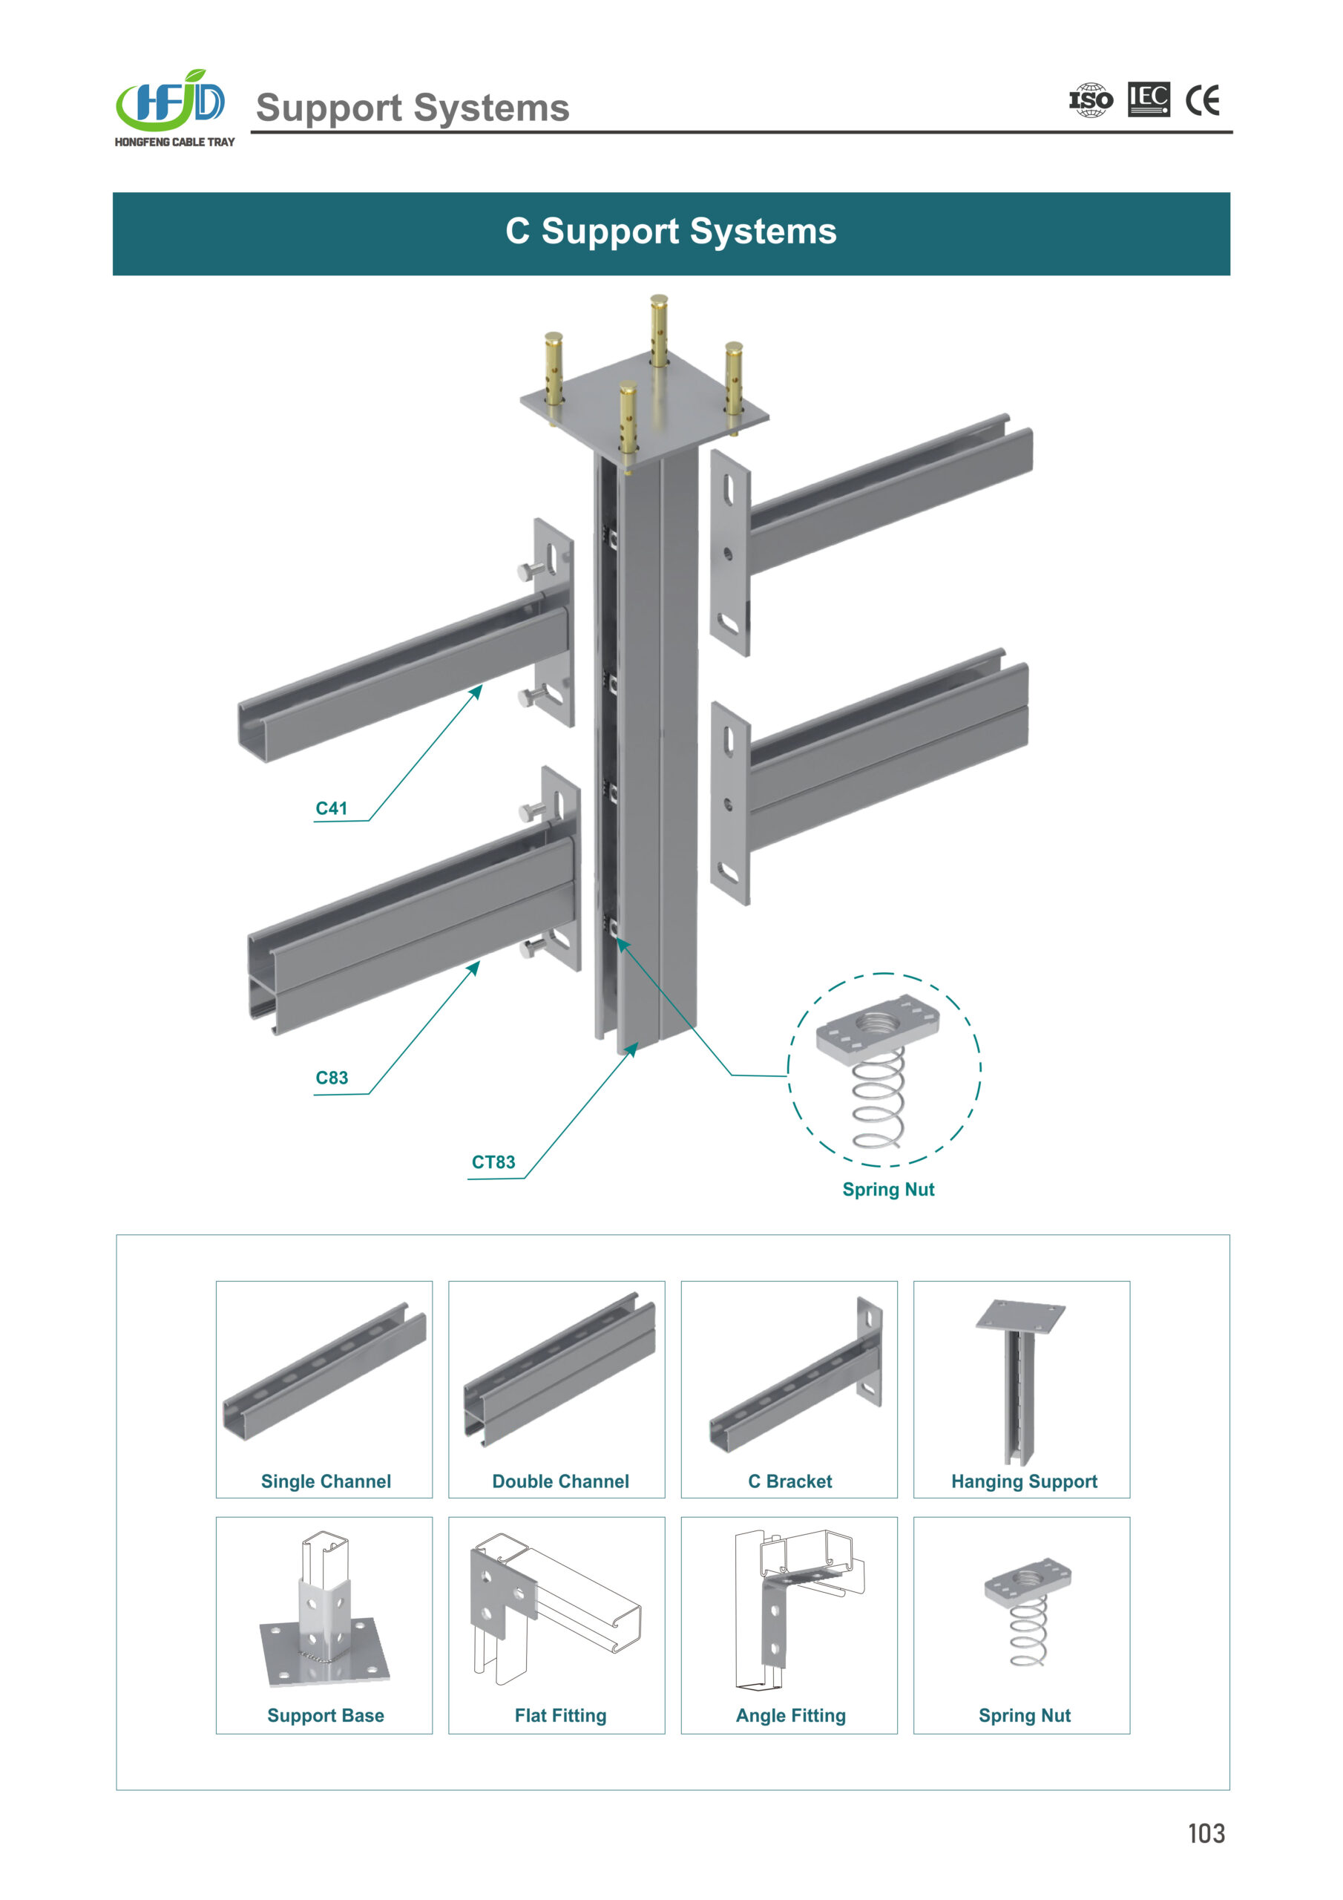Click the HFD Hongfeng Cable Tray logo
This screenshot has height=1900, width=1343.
point(174,108)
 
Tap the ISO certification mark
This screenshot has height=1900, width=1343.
point(1091,100)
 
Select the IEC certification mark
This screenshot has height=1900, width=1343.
point(1149,99)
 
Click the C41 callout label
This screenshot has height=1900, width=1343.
point(331,808)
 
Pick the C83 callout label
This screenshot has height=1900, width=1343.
point(332,1078)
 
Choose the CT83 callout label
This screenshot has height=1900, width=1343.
point(493,1162)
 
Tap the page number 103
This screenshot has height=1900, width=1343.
point(1206,1833)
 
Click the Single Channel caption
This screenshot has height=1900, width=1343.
point(326,1481)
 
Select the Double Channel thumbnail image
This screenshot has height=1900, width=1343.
point(559,1369)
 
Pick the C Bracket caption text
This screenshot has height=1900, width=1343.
point(790,1481)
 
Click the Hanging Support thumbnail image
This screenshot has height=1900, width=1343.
point(1019,1380)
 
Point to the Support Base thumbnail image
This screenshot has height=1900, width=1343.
point(324,1611)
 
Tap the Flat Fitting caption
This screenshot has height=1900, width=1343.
point(560,1715)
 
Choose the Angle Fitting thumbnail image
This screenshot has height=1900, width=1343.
point(798,1611)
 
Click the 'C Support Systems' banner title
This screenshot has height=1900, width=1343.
point(671,232)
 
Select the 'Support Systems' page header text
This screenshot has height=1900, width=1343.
point(412,108)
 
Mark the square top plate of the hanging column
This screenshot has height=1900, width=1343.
point(644,404)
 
